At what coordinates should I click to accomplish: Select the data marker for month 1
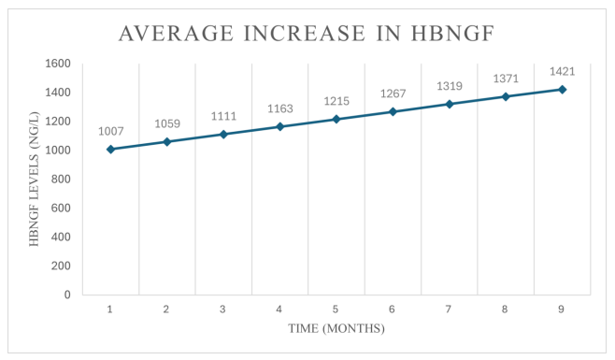pos(110,150)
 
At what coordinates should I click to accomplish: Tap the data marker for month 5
pos(336,119)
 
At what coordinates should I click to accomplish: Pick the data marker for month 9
pos(562,90)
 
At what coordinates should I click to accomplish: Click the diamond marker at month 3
pos(223,135)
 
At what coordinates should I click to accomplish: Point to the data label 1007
pos(110,131)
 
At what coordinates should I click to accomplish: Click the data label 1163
pos(279,108)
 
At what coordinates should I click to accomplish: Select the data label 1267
pos(393,93)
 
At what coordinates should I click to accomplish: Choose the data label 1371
pos(506,78)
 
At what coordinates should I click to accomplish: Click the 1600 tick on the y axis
pos(58,64)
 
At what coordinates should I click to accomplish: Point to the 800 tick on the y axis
pos(62,179)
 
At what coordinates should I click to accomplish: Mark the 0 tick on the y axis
pos(67,295)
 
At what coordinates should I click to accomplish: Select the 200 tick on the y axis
pos(62,266)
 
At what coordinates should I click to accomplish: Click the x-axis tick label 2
pos(166,309)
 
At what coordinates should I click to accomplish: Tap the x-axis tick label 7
pos(449,309)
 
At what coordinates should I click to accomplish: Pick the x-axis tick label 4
pos(279,309)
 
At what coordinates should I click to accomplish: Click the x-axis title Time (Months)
pos(336,329)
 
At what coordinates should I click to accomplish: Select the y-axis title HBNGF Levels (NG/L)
pos(35,179)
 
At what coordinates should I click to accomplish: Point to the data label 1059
pos(166,123)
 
